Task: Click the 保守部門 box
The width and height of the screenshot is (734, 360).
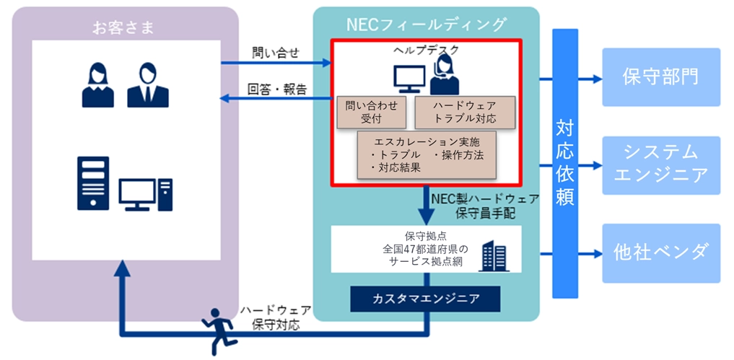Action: [x=660, y=77]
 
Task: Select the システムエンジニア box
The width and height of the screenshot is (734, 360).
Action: [x=660, y=165]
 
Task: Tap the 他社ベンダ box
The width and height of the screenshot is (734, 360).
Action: [x=660, y=253]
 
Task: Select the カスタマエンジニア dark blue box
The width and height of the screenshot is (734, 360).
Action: [x=426, y=298]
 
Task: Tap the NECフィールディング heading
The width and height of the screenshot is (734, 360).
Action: [x=426, y=24]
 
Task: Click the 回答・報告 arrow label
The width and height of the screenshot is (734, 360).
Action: [x=277, y=89]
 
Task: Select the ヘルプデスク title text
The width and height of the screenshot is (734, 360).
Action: [x=426, y=50]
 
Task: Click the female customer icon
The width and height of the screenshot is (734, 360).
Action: [x=97, y=84]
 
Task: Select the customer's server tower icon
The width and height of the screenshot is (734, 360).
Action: [x=93, y=184]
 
